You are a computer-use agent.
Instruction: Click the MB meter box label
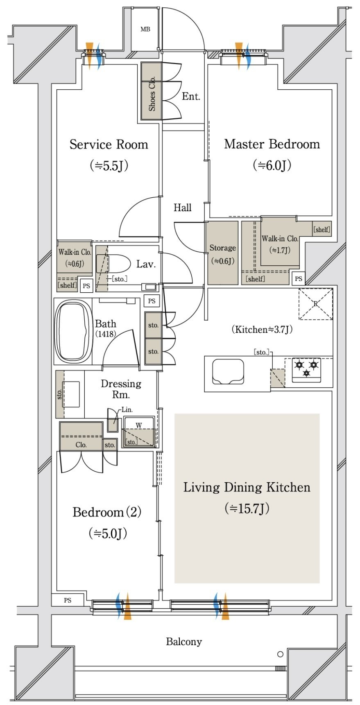145,29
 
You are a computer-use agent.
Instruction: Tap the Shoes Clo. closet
152,91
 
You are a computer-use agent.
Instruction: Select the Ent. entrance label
191,97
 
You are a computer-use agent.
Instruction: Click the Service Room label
109,145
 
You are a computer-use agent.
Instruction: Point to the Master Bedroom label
272,144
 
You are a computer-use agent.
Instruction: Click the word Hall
182,208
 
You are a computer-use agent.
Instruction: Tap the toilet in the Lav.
111,263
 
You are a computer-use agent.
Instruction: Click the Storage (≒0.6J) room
222,253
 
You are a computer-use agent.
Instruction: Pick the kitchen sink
228,372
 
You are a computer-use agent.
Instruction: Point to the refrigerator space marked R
315,304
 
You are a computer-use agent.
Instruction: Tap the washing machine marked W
139,432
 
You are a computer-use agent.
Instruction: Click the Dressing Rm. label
121,389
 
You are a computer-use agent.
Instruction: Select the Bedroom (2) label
107,512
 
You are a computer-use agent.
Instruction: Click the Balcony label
184,642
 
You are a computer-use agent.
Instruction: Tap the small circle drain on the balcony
280,654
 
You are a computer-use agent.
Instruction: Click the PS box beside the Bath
152,301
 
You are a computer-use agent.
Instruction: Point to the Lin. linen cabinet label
127,409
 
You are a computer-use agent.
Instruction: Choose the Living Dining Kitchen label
247,487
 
